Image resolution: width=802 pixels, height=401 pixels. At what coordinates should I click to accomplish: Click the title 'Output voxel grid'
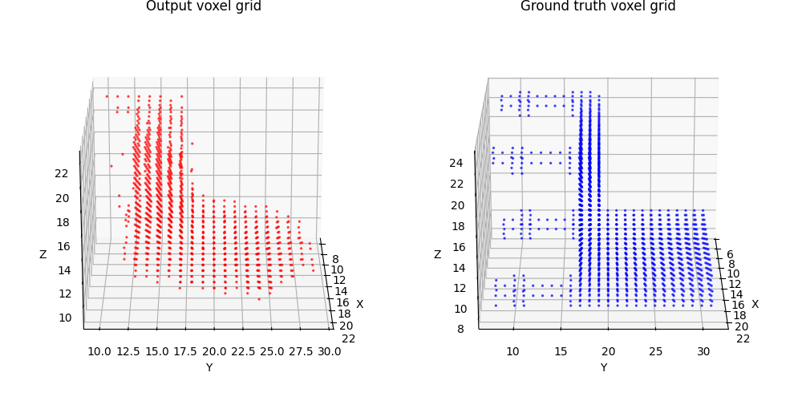coord(203,6)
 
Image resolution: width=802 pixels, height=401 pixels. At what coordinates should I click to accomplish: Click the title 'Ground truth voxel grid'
coord(597,6)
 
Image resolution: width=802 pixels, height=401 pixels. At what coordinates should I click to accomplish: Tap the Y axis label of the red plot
coord(209,367)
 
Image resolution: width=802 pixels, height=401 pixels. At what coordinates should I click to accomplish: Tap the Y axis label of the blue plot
coord(603,367)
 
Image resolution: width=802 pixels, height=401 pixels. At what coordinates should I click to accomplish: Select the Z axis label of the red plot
coord(43,254)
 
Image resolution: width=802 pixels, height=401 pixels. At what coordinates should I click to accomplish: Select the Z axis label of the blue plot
coord(438,254)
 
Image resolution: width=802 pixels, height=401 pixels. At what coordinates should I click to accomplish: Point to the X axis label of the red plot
coord(359,304)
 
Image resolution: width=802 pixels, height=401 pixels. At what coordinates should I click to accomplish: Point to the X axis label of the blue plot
coord(755,304)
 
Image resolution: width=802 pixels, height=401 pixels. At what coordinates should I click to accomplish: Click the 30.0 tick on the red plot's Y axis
coord(329,351)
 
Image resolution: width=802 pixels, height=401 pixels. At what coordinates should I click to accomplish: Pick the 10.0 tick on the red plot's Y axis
coord(99,351)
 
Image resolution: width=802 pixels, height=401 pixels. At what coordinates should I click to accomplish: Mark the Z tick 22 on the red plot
coord(62,173)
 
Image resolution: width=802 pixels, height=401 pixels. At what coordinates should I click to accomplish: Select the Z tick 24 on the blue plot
coord(456,163)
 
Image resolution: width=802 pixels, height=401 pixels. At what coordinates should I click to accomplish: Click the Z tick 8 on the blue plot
coord(460,328)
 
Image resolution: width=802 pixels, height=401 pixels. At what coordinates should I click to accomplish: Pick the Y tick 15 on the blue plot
coord(561,351)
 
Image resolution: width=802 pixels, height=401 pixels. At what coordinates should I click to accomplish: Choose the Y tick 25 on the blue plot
coord(656,351)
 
